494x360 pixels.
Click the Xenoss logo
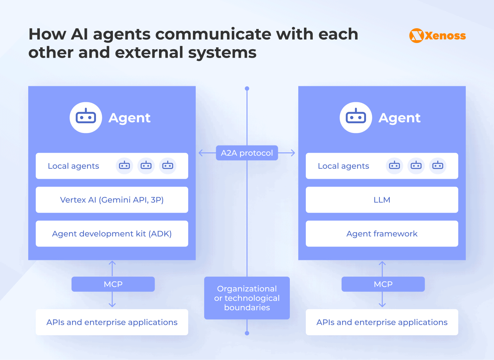coord(437,36)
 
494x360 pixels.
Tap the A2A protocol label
coord(247,153)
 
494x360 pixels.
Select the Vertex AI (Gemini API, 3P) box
coord(112,200)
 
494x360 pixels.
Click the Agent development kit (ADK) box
coord(112,234)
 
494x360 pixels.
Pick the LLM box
coord(382,200)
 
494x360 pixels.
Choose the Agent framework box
coord(382,234)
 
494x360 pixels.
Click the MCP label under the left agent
coord(113,284)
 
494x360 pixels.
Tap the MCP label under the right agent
coord(383,284)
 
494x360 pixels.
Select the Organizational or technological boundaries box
coord(247,298)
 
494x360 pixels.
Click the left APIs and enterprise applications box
coord(112,322)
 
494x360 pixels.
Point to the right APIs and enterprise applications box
coord(382,322)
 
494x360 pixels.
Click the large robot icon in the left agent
coord(86,118)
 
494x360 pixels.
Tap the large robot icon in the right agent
coord(356,118)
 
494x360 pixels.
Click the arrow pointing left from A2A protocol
coord(203,153)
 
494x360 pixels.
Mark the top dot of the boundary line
coord(247,89)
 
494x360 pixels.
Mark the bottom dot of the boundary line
coord(247,333)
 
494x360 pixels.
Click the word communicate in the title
coord(213,34)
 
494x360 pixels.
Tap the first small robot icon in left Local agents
coord(125,166)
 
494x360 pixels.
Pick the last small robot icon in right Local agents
coord(438,166)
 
